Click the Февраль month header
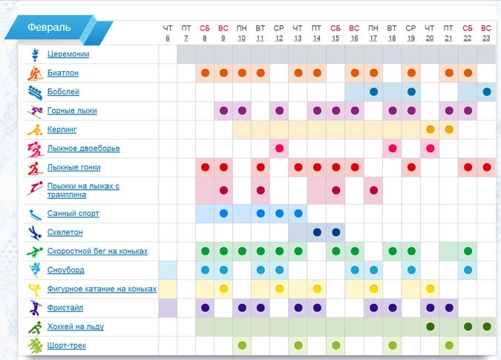pos(49,28)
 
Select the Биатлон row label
pos(62,73)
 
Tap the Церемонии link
pos(68,54)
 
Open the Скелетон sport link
pos(65,232)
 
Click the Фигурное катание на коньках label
pos(102,289)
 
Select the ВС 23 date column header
pos(486,32)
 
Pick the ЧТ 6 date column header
pos(167,32)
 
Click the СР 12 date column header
pos(279,32)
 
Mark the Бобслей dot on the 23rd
pos(486,92)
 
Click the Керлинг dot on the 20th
pos(430,129)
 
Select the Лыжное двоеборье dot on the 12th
pos(279,148)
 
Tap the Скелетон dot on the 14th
pos(317,232)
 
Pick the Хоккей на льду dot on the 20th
pos(430,327)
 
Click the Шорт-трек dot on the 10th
pos(242,345)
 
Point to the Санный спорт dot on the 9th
pos(223,214)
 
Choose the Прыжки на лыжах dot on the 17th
pos(373,190)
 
